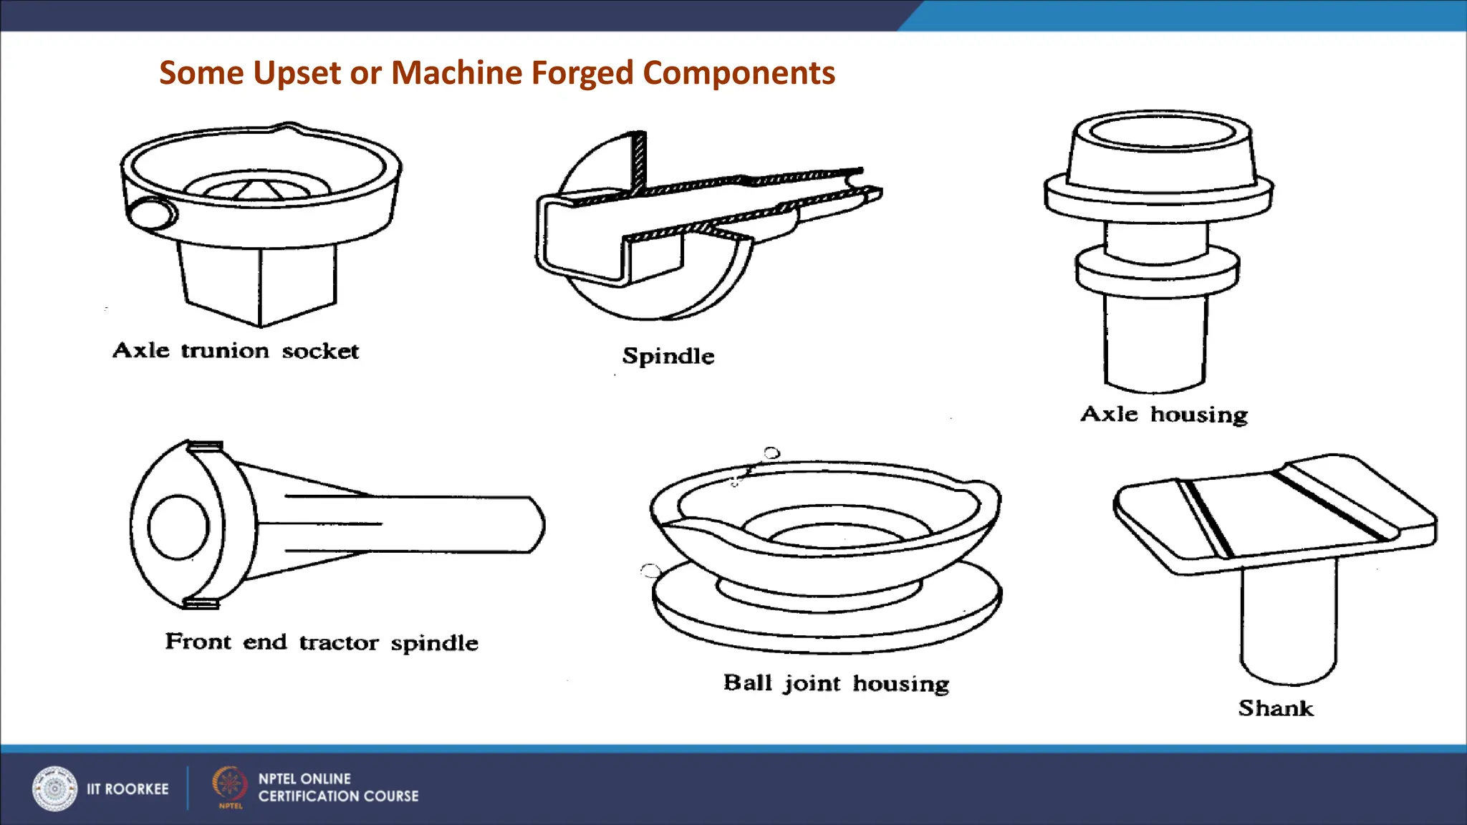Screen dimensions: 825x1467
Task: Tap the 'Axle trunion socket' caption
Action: point(236,351)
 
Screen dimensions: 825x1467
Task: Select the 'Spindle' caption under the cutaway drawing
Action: point(668,356)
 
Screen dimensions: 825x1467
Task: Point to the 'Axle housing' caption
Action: point(1164,415)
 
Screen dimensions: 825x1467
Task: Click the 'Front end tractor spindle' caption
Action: point(322,642)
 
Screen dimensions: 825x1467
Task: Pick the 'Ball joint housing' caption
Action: point(836,683)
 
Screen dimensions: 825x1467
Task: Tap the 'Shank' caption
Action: point(1276,708)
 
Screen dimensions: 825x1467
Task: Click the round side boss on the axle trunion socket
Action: point(151,213)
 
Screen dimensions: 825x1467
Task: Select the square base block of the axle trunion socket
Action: point(258,283)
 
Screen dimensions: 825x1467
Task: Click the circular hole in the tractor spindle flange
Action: point(178,527)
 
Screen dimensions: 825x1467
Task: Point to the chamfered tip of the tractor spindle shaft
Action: point(536,524)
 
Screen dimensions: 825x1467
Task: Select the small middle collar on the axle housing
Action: point(1157,271)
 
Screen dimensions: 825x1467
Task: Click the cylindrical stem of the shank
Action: point(1288,623)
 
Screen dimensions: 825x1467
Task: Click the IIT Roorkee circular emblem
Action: point(54,788)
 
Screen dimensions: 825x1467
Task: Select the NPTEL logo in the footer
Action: point(229,786)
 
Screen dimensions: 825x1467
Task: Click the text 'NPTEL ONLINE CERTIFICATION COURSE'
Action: point(338,788)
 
